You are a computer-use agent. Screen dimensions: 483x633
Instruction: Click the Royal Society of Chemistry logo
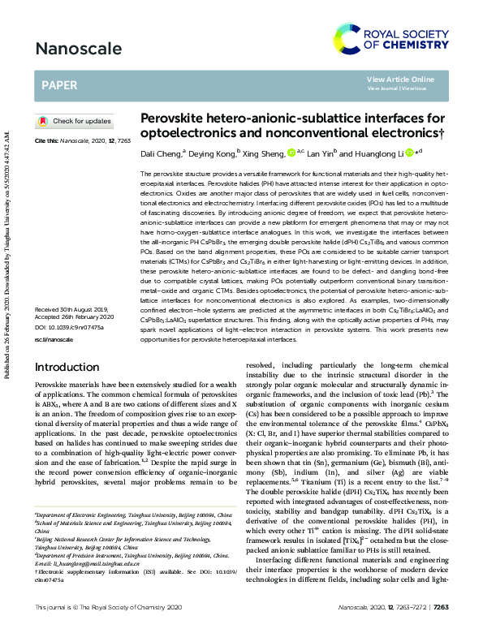(398, 40)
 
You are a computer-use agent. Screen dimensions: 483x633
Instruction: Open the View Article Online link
(400, 79)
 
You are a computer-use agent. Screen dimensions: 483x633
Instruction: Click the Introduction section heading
(67, 367)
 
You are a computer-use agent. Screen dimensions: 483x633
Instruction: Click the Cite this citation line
(83, 140)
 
